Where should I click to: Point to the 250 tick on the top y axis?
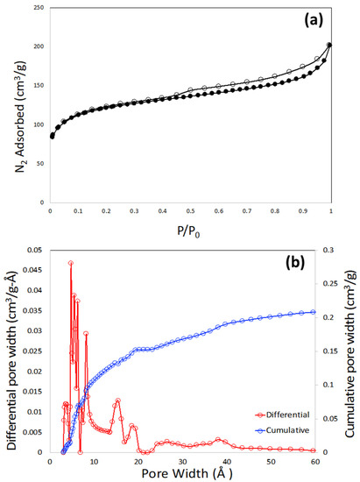tap(39, 8)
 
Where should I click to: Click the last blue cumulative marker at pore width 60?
tap(314, 312)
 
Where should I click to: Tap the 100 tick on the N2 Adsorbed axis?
tap(39, 124)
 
